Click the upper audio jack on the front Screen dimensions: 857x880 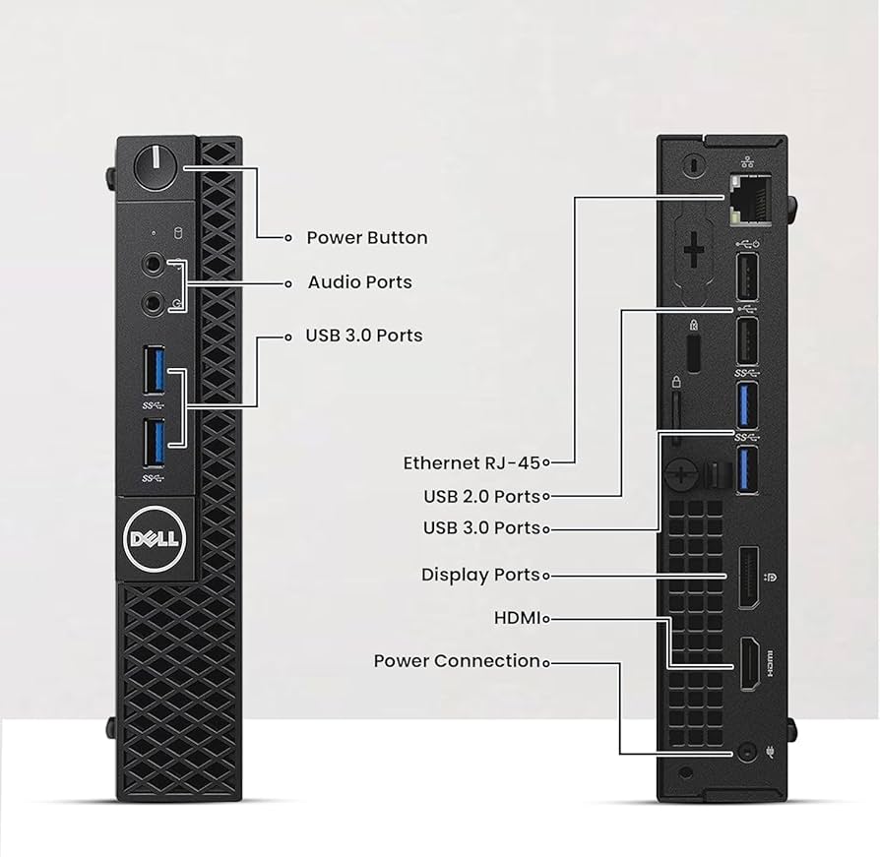click(x=154, y=265)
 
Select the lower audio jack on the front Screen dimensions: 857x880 click(x=154, y=301)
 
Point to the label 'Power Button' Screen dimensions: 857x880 click(x=366, y=237)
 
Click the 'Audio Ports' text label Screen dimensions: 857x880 click(x=359, y=282)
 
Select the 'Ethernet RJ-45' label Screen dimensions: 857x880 click(x=471, y=462)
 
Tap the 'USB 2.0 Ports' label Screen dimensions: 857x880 click(x=481, y=496)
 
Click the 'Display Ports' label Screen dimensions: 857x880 click(x=480, y=575)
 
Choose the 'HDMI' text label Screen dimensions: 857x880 click(x=517, y=618)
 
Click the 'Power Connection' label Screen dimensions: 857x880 click(x=457, y=661)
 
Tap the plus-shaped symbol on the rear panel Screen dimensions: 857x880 click(x=694, y=250)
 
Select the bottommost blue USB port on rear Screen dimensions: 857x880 click(x=744, y=467)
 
